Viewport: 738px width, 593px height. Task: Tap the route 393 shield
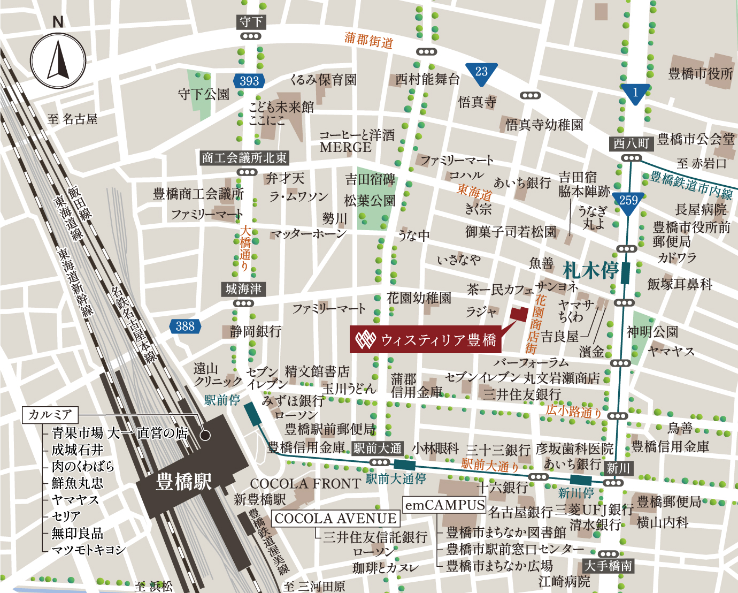coord(249,81)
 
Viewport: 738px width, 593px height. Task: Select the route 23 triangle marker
coord(481,72)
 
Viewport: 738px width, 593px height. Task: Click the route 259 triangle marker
coord(628,201)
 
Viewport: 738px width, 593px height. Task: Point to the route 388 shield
coord(185,326)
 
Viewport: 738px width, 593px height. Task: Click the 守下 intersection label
coord(251,22)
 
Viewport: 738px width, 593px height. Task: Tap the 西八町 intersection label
coord(631,143)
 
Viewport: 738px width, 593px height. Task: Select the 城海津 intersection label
coord(243,289)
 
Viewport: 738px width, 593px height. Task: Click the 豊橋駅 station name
coord(183,482)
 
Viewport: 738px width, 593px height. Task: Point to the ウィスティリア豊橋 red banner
coord(426,340)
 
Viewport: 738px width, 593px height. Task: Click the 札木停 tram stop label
coord(590,271)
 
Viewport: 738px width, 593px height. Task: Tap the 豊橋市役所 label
coord(701,74)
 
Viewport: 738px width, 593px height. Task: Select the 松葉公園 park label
coord(370,201)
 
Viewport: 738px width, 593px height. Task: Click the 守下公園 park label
coord(204,95)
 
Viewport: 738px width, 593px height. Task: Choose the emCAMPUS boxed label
coord(444,505)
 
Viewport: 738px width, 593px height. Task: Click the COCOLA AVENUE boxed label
coord(336,519)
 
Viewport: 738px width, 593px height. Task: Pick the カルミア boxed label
coord(50,414)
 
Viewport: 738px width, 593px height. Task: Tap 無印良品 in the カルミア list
coord(77,533)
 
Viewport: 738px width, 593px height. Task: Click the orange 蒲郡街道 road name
coord(369,40)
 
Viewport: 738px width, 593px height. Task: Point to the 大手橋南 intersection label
coord(608,566)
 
